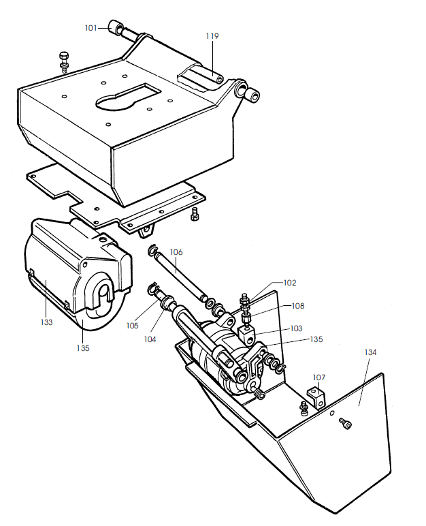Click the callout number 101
[91, 28]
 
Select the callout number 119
[212, 35]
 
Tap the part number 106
[176, 252]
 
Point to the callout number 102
[290, 282]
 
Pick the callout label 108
[298, 306]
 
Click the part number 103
[296, 328]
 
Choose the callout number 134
[370, 352]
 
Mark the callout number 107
[319, 377]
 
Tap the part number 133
[46, 322]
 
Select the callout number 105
[132, 325]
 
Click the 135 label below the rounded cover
[82, 347]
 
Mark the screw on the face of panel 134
[347, 425]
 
